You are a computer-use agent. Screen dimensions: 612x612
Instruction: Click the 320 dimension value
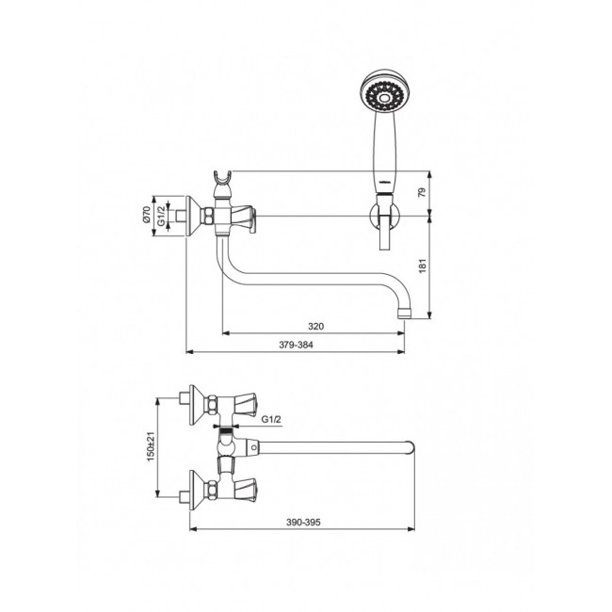(x=315, y=327)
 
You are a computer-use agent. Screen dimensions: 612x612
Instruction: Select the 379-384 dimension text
(x=296, y=345)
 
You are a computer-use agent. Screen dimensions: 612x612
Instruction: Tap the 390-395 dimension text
(x=303, y=523)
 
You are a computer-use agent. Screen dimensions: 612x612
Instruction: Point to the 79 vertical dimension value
(x=423, y=192)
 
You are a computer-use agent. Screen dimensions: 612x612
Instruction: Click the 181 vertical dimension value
(x=423, y=266)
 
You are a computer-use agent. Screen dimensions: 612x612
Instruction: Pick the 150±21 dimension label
(x=151, y=446)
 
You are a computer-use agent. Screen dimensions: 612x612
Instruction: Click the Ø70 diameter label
(x=146, y=215)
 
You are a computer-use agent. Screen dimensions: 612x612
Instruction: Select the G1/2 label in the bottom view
(x=271, y=420)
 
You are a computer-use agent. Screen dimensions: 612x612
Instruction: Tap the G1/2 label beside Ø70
(x=161, y=217)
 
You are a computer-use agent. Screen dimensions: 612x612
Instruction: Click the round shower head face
(x=381, y=92)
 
